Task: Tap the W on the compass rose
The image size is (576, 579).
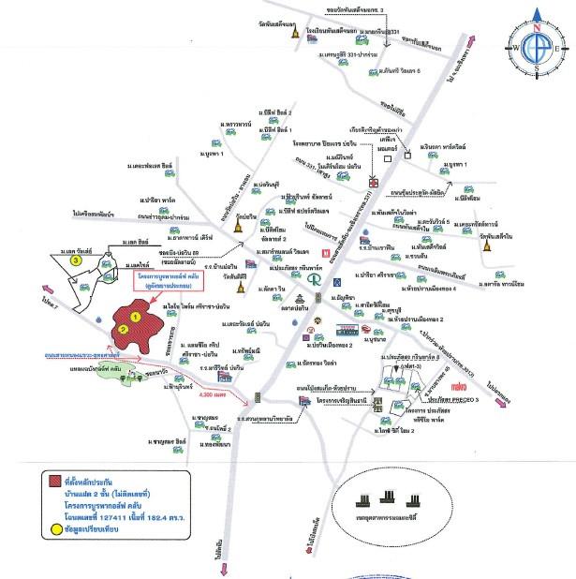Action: tap(515, 47)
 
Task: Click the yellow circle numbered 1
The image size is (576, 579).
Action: tap(136, 318)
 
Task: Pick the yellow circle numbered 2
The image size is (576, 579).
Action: tap(122, 330)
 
